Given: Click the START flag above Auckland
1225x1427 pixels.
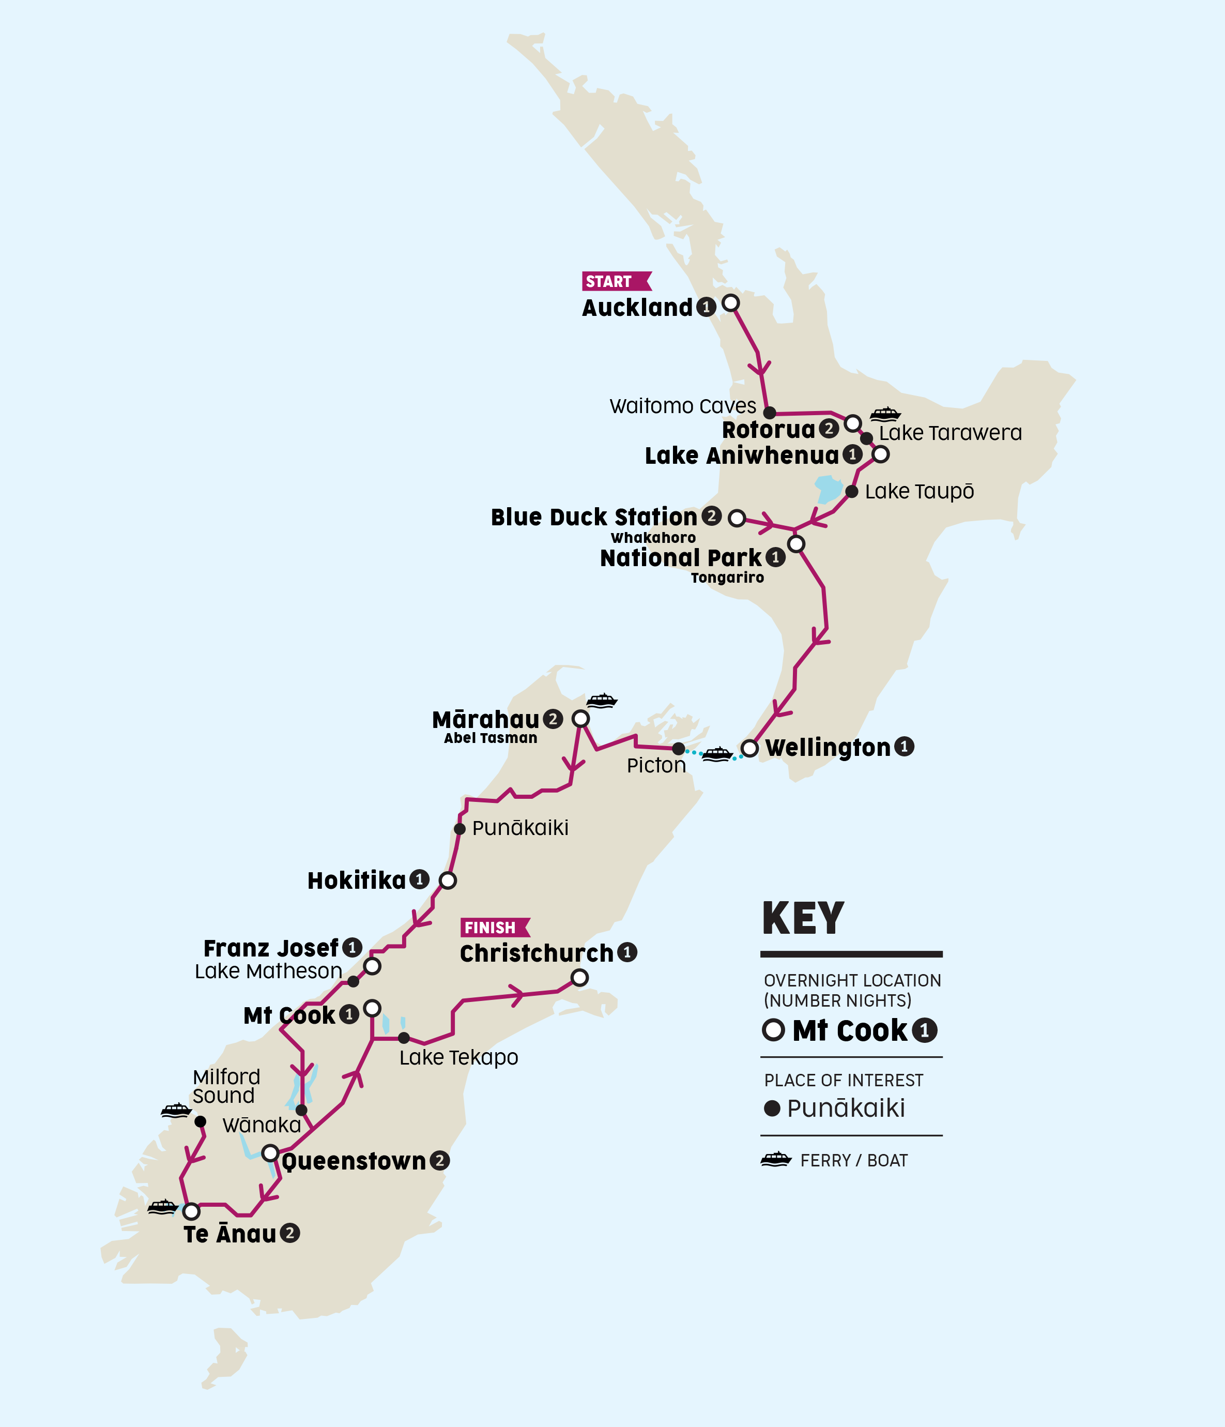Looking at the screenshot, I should point(615,281).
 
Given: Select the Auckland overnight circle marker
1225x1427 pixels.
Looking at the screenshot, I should point(730,303).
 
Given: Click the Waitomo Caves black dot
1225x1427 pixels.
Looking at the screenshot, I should point(770,413).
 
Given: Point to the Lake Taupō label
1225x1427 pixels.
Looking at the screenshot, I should point(918,492).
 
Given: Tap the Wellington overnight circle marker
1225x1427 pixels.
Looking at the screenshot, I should point(749,748).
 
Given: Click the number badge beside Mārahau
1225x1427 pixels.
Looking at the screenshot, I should point(552,720).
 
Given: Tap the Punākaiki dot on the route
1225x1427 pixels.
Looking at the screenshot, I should point(460,828).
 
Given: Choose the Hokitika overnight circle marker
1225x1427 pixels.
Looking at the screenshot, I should point(448,880).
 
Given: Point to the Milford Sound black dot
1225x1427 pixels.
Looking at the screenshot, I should point(201,1122).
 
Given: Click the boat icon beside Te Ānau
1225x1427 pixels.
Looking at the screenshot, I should point(162,1207).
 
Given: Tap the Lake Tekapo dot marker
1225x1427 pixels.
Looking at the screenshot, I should point(404,1038).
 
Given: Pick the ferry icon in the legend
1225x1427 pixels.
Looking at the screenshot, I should point(776,1160).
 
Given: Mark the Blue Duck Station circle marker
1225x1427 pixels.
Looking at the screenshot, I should point(737,518).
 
